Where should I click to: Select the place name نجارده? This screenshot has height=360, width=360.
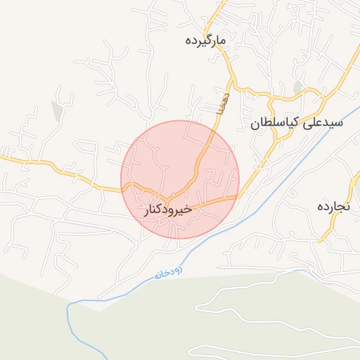click(x=334, y=206)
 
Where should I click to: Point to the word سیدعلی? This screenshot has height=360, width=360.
click(x=323, y=122)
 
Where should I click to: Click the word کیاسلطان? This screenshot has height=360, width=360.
click(x=273, y=122)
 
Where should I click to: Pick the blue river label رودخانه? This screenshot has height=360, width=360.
click(x=168, y=273)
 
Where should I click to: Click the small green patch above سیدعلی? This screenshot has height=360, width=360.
click(x=298, y=87)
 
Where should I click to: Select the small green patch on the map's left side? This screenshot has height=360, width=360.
click(x=56, y=111)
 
